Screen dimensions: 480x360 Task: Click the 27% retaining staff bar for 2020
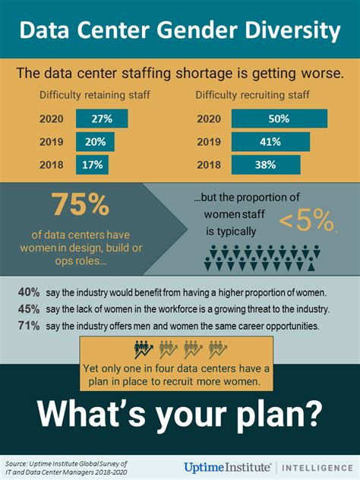[x=102, y=118]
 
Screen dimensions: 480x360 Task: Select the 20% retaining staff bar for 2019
[x=95, y=141]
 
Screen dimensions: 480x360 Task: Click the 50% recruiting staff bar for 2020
[x=279, y=118]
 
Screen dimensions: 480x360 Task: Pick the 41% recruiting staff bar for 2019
[x=270, y=141]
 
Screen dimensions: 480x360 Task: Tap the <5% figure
[x=307, y=220]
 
